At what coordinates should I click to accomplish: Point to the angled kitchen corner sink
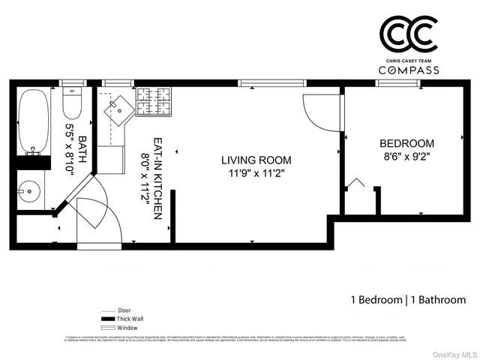pos(118,110)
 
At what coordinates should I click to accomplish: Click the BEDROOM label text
pos(406,143)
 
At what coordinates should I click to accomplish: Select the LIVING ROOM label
pos(256,160)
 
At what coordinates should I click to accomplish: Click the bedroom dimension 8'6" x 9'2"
pos(406,157)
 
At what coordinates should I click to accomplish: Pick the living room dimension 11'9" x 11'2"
pos(256,174)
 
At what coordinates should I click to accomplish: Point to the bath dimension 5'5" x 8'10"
pos(70,148)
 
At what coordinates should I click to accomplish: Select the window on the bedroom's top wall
pos(397,83)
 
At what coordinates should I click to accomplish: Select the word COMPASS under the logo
pos(409,69)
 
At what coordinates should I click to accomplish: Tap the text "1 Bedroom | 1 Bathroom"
pos(408,299)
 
